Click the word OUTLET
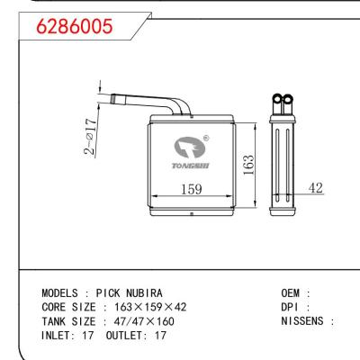[x=121, y=334]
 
